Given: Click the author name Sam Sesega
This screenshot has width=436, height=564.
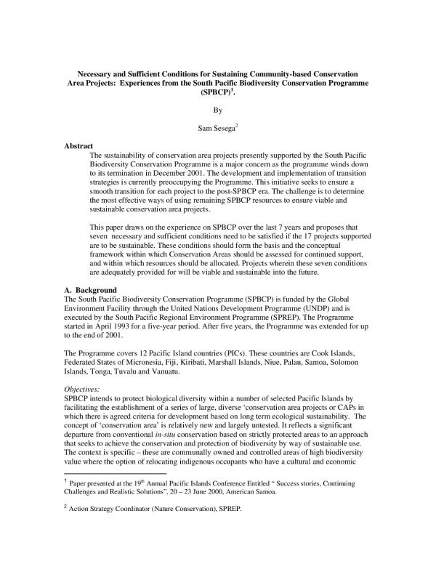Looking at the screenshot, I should click(x=217, y=132).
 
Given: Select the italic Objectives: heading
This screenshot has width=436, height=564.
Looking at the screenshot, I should click(x=84, y=390).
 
